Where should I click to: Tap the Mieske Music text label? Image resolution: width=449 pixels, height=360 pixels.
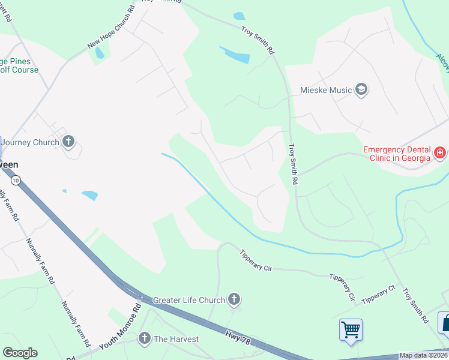click(x=325, y=91)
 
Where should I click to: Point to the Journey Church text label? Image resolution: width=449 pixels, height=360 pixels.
click(x=29, y=142)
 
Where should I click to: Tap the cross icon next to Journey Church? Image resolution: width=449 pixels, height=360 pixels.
click(x=68, y=142)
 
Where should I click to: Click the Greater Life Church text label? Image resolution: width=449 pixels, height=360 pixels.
click(x=188, y=299)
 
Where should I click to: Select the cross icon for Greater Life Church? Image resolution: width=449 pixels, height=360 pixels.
click(x=234, y=299)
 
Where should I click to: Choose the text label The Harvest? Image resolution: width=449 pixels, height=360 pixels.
click(x=176, y=339)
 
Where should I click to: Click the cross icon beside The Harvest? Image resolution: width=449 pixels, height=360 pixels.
click(x=144, y=339)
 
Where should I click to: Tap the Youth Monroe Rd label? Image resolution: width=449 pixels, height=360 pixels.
click(x=120, y=326)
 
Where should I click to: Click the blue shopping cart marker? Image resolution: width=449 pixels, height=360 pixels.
click(x=351, y=329)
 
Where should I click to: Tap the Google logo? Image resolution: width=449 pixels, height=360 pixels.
click(x=20, y=353)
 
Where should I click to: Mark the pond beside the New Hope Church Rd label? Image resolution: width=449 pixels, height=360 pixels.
click(x=100, y=53)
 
